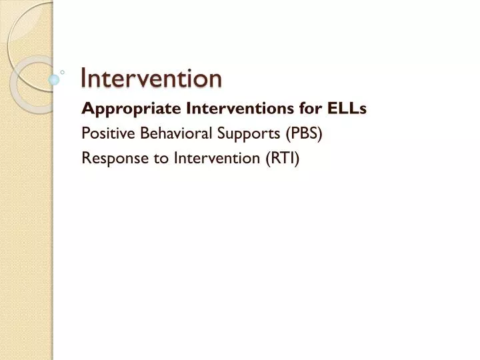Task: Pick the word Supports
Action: coord(248,133)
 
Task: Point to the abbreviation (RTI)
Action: coord(285,158)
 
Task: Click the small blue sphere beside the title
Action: coord(55,79)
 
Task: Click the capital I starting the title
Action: coord(83,79)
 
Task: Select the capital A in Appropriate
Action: coord(86,108)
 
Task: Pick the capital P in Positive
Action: coord(85,133)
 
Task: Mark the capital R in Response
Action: coord(85,157)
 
